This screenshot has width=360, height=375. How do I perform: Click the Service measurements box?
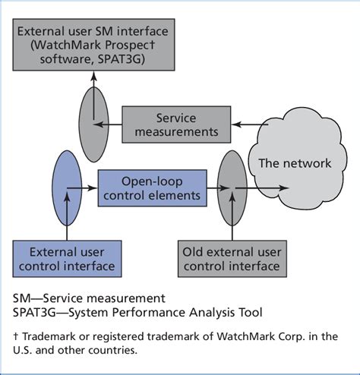[176, 124]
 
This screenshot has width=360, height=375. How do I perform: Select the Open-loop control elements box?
[152, 188]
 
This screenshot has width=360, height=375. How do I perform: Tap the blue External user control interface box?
[67, 259]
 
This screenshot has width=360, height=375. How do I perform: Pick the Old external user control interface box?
[232, 259]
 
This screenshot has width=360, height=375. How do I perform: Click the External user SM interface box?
[93, 45]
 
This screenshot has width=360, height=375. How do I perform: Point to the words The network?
[295, 163]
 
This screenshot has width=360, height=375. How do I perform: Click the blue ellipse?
[67, 188]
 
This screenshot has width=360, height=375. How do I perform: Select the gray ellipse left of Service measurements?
[94, 124]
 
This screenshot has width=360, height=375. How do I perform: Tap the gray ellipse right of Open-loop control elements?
[232, 188]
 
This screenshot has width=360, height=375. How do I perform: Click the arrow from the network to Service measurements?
[250, 124]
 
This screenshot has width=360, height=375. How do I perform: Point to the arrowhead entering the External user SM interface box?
[94, 76]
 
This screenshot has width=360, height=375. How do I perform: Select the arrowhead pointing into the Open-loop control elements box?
[93, 188]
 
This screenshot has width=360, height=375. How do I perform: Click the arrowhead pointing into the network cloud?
[284, 188]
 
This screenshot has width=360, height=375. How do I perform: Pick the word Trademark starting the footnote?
[49, 336]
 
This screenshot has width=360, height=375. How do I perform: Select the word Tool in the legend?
[251, 312]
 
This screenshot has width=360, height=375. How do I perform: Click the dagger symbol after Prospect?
[152, 45]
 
